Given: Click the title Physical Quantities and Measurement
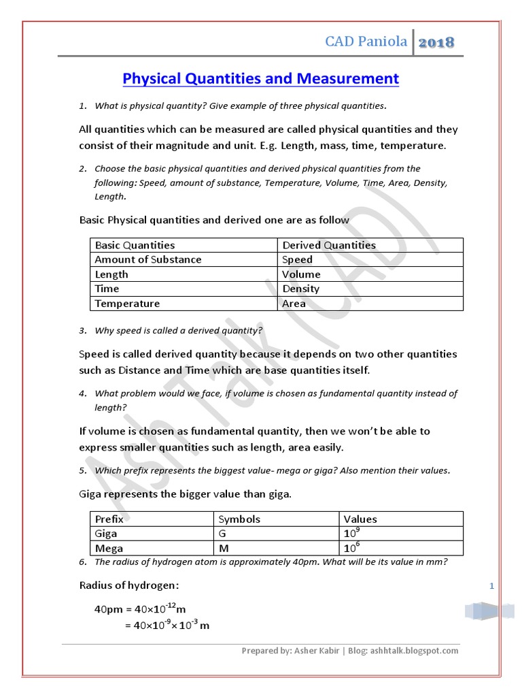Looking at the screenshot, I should coord(260,79).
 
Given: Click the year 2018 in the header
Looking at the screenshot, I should coord(436,43).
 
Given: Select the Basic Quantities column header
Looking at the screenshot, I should coord(135,245).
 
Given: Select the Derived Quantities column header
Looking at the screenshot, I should coord(329,245).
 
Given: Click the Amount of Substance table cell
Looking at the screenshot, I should coord(148,259).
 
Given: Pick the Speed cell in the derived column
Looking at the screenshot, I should coord(298,259).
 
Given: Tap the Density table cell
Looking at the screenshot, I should coord(301,289).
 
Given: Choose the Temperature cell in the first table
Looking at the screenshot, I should coord(127,304).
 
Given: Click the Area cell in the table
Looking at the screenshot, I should coord(294,304).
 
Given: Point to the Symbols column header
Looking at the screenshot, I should coord(239,519).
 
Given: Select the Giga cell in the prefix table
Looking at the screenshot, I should coord(107,534).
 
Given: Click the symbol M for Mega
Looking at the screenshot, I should coord(223,548).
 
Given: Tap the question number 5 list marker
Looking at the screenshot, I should coord(82,471).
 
